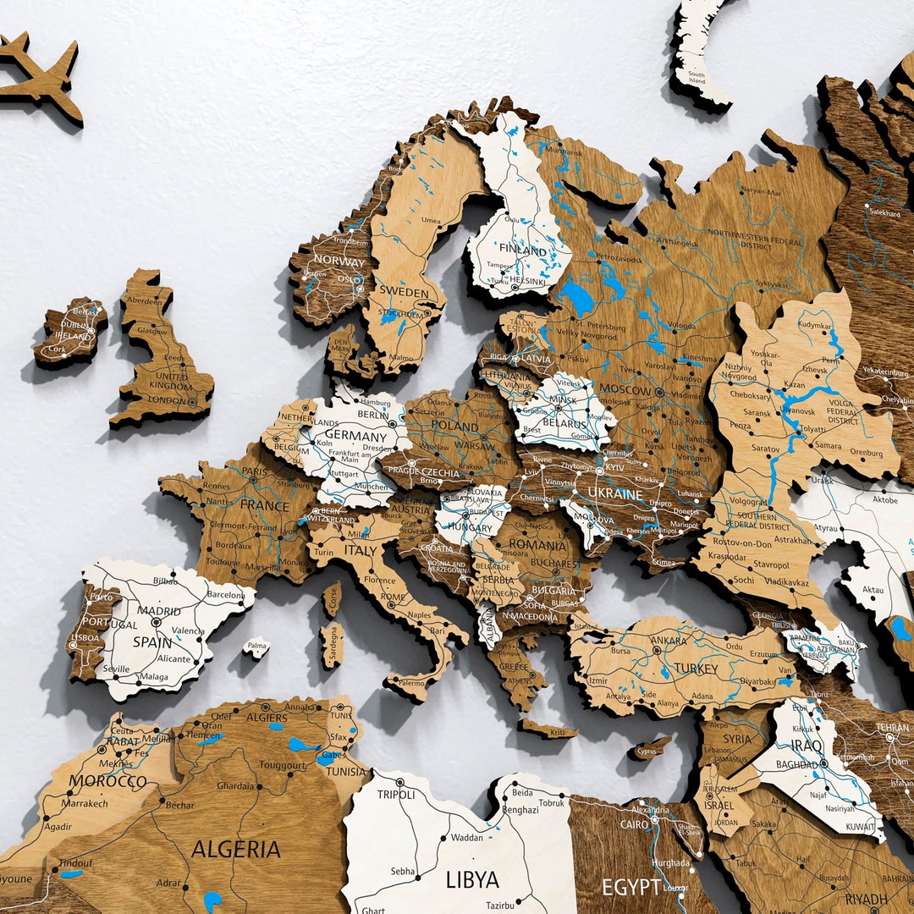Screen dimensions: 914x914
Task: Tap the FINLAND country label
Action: [x=523, y=251]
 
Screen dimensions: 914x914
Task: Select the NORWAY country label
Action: [x=339, y=261]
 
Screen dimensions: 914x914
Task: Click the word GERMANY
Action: [x=355, y=437]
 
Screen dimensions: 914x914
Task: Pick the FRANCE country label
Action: [x=265, y=504]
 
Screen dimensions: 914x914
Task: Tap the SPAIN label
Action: [x=153, y=641]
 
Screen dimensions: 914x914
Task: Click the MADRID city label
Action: [x=160, y=611]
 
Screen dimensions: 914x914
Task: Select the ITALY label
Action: [x=361, y=550]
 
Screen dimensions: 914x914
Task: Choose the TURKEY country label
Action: [x=696, y=669]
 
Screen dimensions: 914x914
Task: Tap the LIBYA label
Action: [x=472, y=879]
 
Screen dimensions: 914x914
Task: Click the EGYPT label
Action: [x=630, y=887]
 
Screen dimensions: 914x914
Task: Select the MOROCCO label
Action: [x=107, y=781]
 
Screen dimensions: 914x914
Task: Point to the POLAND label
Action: [x=455, y=425]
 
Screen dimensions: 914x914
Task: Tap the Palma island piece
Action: [x=256, y=649]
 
